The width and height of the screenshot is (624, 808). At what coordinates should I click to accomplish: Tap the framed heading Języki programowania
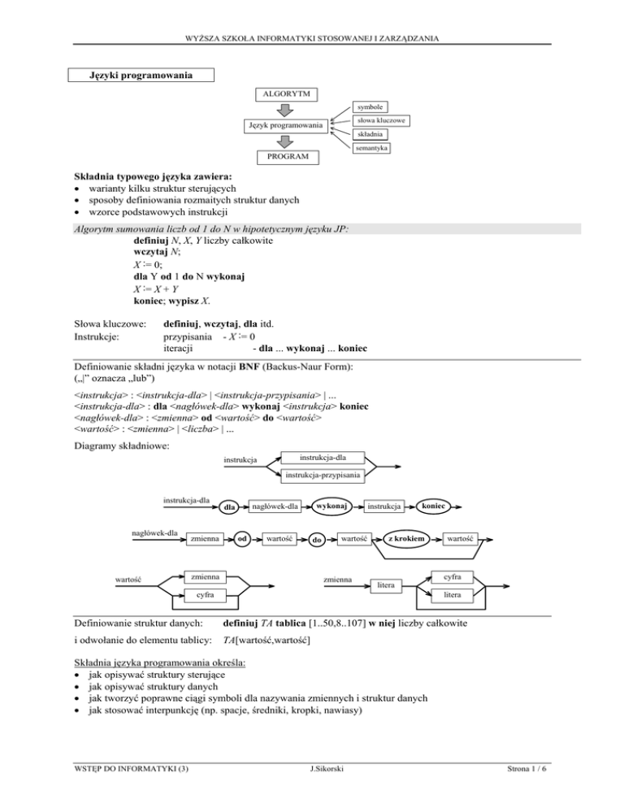pyautogui.click(x=141, y=76)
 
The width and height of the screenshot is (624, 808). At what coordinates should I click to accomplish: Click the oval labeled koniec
pyautogui.click(x=435, y=505)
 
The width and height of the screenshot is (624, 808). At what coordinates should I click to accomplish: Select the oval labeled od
pyautogui.click(x=242, y=538)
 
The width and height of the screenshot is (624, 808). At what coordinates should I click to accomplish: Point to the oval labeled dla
pyautogui.click(x=229, y=509)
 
